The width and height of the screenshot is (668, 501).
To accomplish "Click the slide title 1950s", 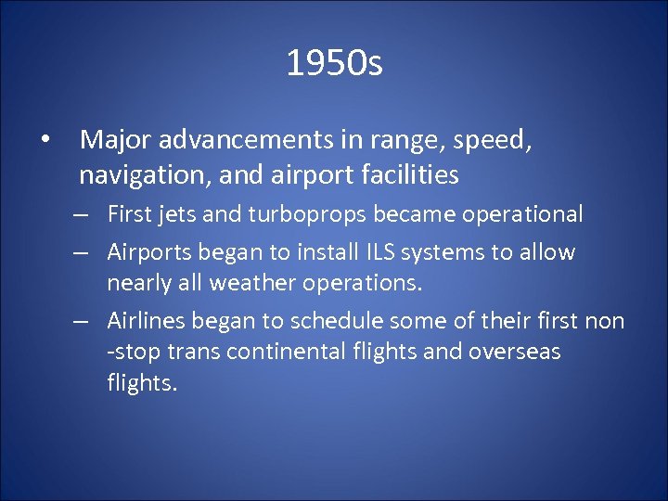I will coord(334,64).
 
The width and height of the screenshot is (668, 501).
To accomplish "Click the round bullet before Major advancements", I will coord(45,142).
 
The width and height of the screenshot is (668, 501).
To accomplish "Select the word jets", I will coord(175,215).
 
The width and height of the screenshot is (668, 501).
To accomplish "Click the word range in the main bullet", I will coord(413,142).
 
